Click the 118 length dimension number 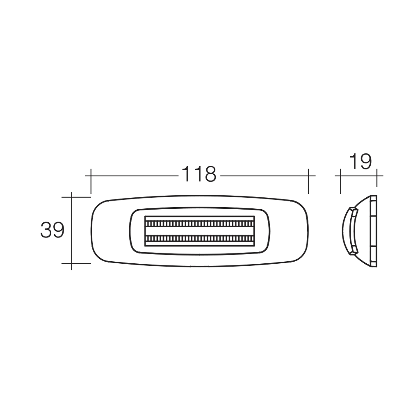199,174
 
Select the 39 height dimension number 52,230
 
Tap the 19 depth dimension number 360,162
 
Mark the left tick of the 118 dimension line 91,181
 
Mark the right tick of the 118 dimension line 308,181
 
